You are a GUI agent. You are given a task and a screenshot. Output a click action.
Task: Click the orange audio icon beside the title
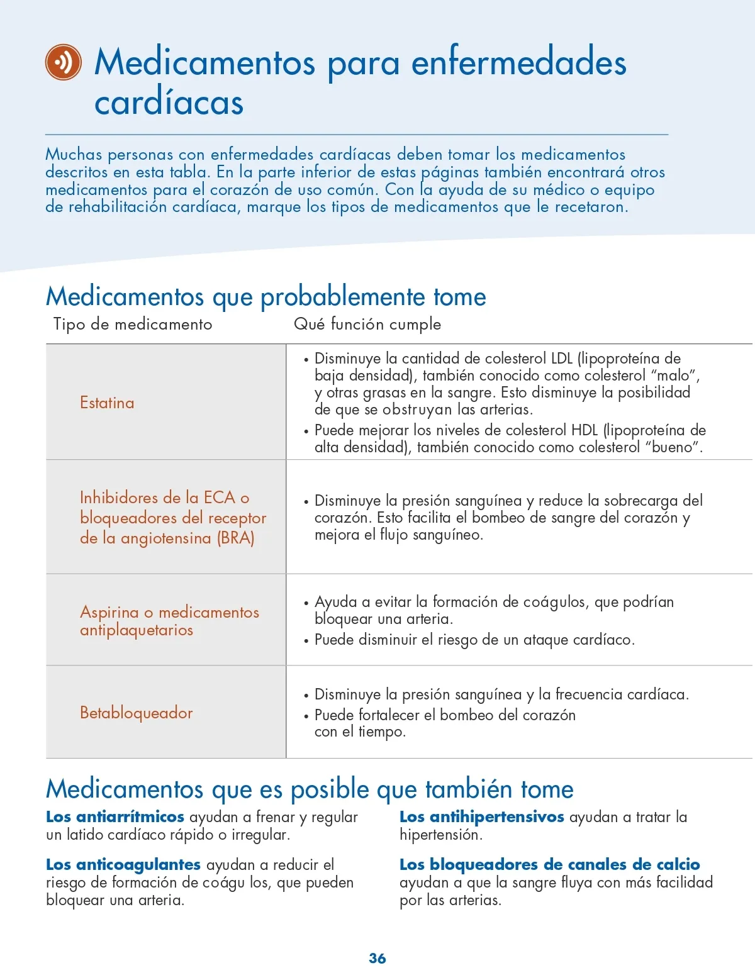[x=64, y=62]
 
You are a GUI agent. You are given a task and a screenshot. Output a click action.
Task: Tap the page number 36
[x=377, y=958]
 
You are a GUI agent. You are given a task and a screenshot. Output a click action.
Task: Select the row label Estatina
[x=107, y=403]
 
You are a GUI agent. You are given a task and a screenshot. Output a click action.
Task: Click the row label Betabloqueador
[x=136, y=713]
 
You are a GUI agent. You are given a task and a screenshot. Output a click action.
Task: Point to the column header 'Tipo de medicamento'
[x=133, y=324]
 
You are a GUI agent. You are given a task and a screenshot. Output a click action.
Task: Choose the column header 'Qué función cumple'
[x=367, y=324]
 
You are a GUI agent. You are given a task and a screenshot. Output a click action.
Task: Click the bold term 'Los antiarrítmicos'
[x=115, y=816]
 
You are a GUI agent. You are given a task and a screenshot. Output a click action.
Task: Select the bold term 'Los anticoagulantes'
[x=123, y=864]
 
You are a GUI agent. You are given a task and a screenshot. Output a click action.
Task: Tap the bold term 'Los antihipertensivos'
[x=482, y=816]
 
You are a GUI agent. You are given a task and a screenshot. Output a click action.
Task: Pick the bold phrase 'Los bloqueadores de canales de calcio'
[x=550, y=864]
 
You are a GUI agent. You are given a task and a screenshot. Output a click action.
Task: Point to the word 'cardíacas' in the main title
[x=169, y=103]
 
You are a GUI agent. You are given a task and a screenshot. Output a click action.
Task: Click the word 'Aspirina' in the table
[x=109, y=612]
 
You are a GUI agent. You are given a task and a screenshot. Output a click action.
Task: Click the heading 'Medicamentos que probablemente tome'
[x=266, y=296]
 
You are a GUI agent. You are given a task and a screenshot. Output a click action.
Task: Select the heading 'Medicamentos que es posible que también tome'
[x=310, y=789]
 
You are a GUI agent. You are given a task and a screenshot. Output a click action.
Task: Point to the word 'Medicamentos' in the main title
[x=204, y=62]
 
